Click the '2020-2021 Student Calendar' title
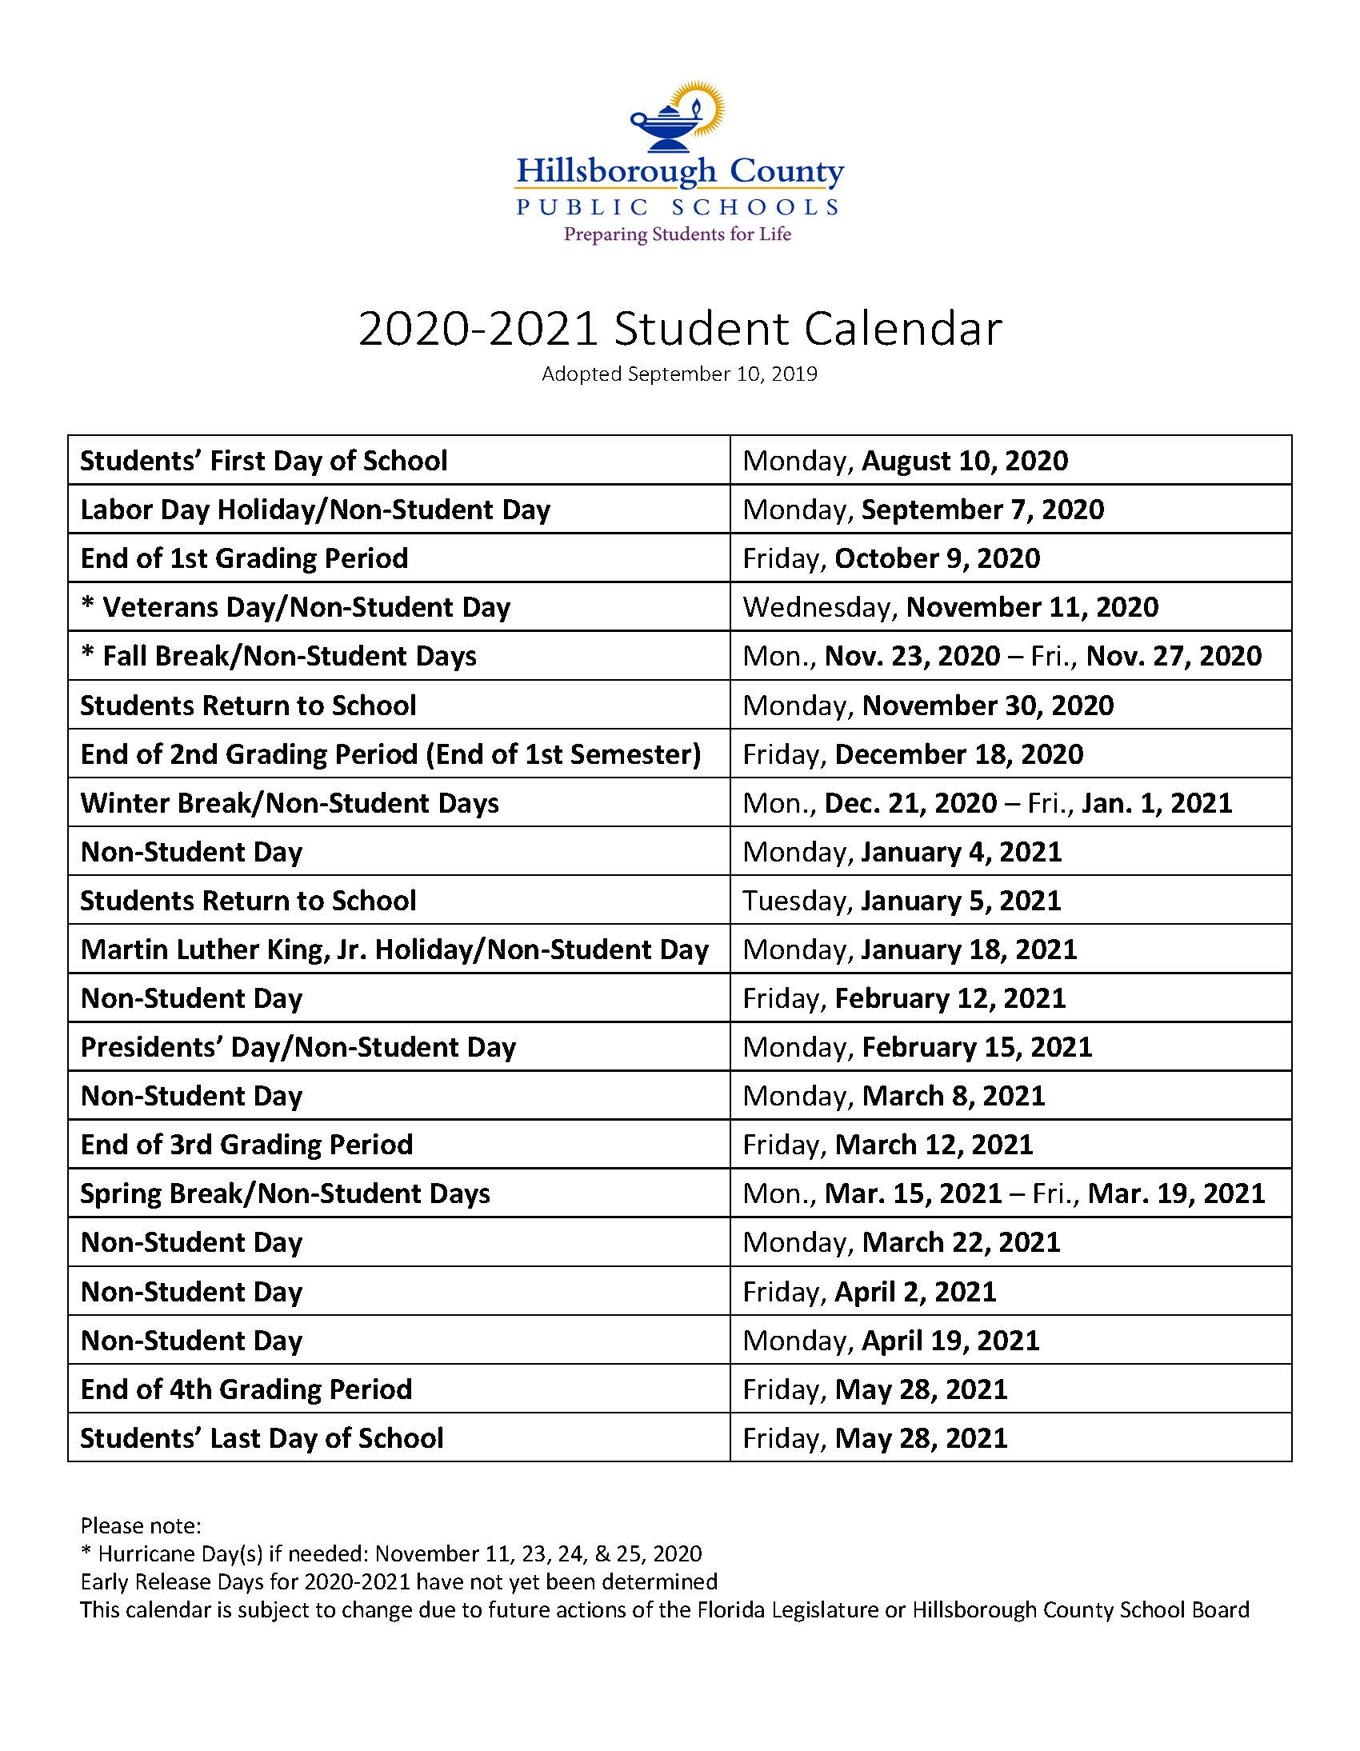tap(679, 329)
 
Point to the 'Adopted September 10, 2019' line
tap(679, 374)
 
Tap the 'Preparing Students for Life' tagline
tap(678, 234)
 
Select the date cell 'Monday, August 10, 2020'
tap(906, 460)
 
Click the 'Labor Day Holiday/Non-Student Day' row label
tap(315, 509)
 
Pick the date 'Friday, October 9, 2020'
tap(891, 558)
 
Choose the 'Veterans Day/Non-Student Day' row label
tap(295, 607)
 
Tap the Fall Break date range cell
tap(1002, 656)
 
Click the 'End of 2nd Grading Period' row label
tap(390, 754)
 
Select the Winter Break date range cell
tap(987, 802)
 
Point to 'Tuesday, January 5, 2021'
tap(902, 901)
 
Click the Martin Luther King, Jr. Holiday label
tap(394, 949)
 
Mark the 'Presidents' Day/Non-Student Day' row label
tap(298, 1047)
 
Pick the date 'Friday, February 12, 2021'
tap(904, 998)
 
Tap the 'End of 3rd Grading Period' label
tap(246, 1145)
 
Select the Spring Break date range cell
tap(1003, 1193)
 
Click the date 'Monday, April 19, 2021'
tap(890, 1341)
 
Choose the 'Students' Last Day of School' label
tap(262, 1438)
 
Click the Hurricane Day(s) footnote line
tap(391, 1553)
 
